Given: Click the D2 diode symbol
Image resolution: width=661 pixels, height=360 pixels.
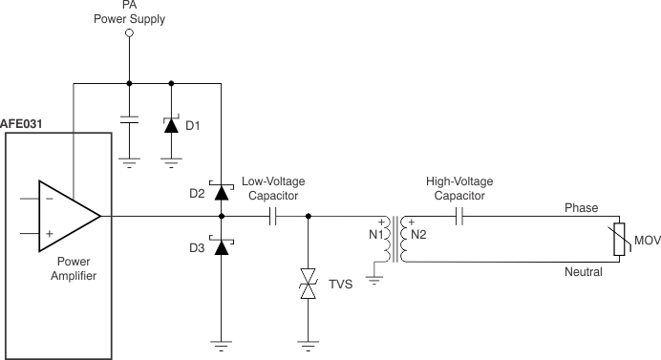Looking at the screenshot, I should click(x=222, y=192).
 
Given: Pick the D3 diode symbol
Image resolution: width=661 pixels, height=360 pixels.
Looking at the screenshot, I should click(x=222, y=247).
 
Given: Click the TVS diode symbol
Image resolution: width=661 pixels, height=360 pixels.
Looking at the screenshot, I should click(x=308, y=285).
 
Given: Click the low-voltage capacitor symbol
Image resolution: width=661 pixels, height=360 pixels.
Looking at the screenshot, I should click(x=273, y=217).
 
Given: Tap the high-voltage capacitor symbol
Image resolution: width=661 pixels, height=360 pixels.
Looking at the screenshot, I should click(x=460, y=217).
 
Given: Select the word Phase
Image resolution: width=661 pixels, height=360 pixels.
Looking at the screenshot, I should click(x=581, y=207).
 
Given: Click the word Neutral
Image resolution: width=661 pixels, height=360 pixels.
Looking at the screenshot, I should click(x=583, y=272).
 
